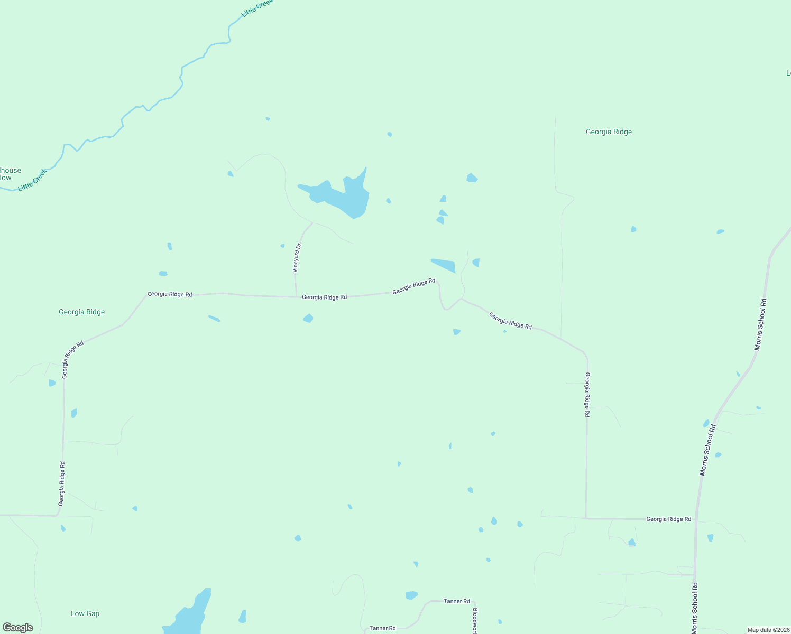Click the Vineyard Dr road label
(x=298, y=258)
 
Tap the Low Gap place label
(x=85, y=613)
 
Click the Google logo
(x=18, y=627)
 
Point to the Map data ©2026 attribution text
(x=768, y=630)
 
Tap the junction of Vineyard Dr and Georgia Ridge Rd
(x=296, y=296)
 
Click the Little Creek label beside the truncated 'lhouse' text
(x=32, y=180)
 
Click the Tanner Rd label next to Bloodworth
(x=457, y=601)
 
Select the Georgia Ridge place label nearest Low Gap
(x=81, y=312)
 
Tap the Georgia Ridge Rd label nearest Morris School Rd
(x=668, y=519)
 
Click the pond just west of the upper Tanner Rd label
(x=411, y=595)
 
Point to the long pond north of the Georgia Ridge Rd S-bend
(x=444, y=265)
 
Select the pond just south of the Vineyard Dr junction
(x=308, y=318)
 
